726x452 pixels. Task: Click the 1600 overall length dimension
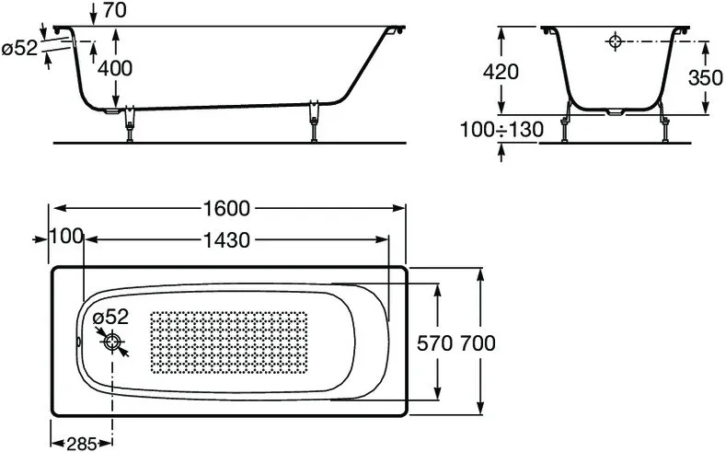point(227,208)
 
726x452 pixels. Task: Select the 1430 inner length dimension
point(227,240)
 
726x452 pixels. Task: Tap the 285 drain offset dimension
point(82,444)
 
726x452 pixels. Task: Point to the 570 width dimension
point(434,343)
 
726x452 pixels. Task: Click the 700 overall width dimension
point(478,343)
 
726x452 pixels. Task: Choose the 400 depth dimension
point(115,68)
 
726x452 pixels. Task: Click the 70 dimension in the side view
point(114,10)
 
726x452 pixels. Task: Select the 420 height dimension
point(501,72)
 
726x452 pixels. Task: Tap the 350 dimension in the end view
point(705,78)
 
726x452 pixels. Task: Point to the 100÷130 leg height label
point(501,130)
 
